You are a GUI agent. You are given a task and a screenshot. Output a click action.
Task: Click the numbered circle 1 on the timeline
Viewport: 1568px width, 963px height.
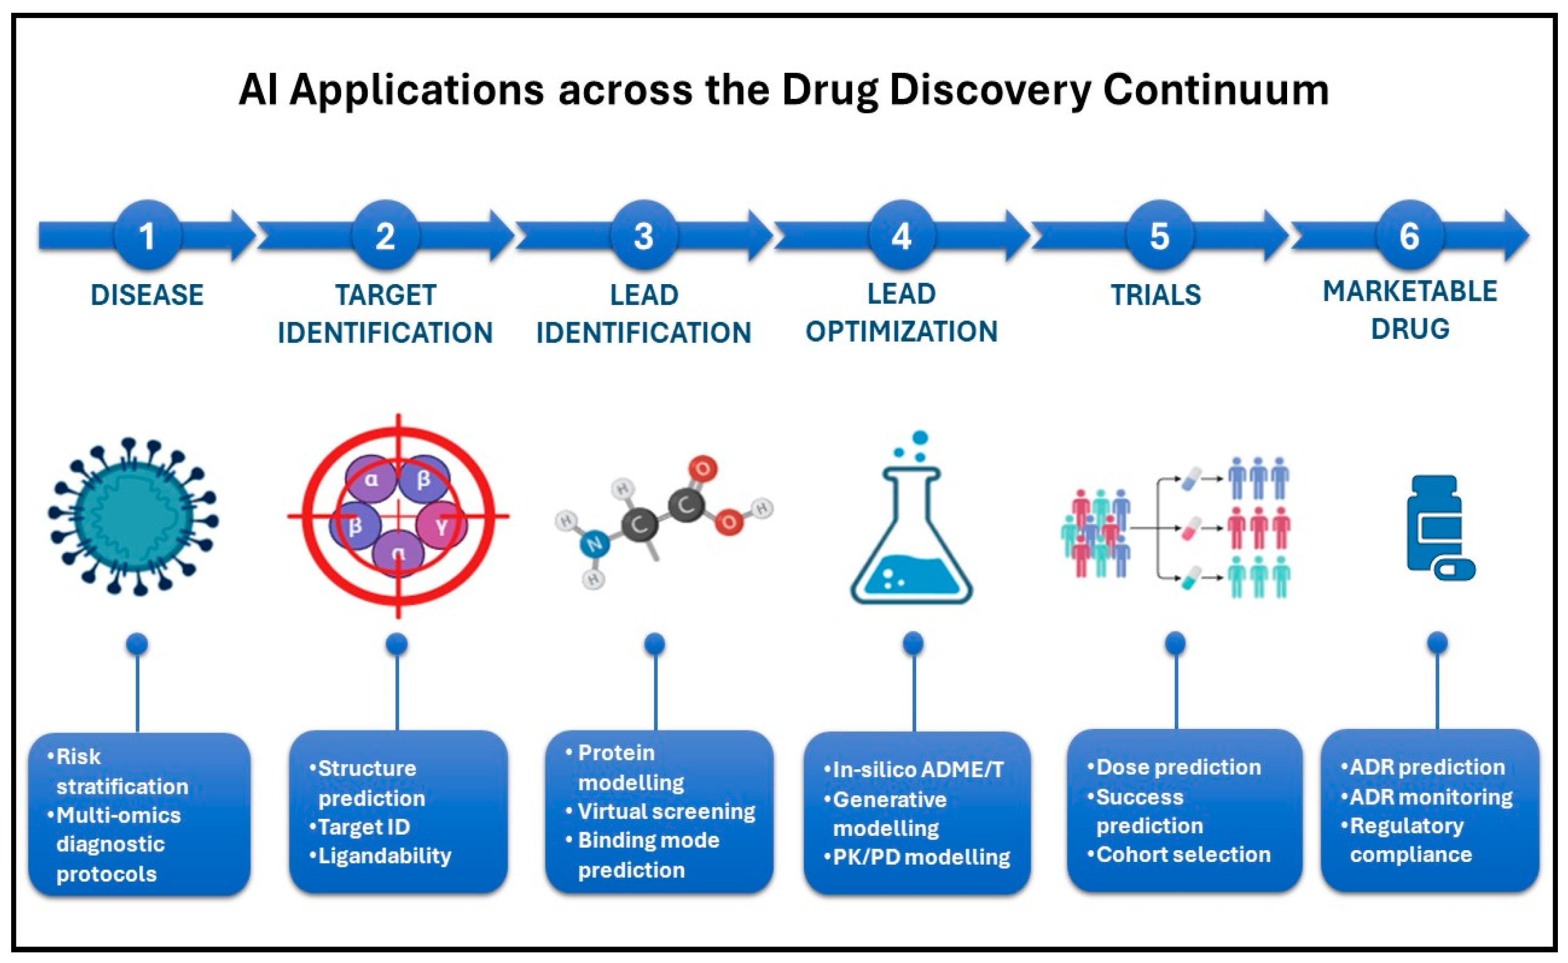[x=147, y=236]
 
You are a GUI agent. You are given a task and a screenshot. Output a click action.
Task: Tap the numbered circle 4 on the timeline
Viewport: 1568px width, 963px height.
[x=901, y=236]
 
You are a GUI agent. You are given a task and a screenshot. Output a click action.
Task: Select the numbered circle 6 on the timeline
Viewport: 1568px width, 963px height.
[x=1409, y=236]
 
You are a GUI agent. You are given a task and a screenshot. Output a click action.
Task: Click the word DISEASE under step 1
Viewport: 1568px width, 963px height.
[x=147, y=295]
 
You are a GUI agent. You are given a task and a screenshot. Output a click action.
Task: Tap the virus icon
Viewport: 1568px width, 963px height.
[x=134, y=516]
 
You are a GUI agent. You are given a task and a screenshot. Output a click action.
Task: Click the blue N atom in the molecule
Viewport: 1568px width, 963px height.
[x=594, y=545]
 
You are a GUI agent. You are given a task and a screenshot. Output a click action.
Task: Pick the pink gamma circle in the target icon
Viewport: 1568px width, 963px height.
[x=441, y=526]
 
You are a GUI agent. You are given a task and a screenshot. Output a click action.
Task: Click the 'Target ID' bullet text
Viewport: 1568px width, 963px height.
[x=363, y=827]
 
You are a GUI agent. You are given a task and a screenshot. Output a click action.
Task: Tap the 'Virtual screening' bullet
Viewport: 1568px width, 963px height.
[x=666, y=811]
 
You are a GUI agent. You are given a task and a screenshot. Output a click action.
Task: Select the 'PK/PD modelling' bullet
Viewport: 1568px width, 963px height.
[x=921, y=857]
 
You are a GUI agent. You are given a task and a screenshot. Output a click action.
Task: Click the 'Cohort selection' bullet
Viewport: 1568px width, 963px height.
[x=1183, y=854]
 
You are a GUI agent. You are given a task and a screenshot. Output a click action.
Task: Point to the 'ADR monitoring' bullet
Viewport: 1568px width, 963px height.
[x=1430, y=797]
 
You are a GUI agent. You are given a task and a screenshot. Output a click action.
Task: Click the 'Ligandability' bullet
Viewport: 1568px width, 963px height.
[x=384, y=856]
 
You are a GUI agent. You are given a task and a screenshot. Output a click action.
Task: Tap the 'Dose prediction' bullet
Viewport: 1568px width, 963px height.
[x=1178, y=767]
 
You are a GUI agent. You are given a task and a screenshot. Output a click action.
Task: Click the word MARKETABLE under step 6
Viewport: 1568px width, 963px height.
[x=1409, y=292]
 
